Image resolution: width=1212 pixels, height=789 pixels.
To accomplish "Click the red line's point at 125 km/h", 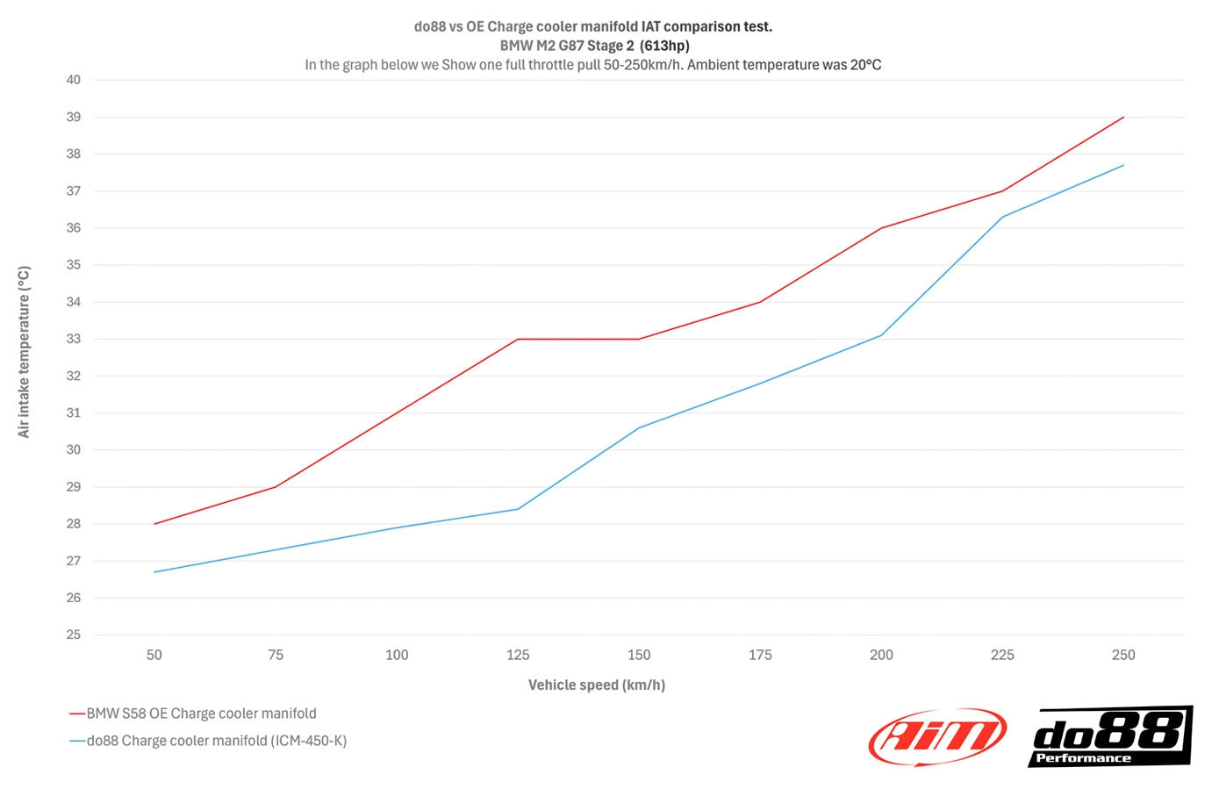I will click(518, 339).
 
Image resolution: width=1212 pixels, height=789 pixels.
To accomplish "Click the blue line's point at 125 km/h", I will click(518, 509).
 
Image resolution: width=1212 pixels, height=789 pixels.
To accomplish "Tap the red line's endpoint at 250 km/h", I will click(1123, 117).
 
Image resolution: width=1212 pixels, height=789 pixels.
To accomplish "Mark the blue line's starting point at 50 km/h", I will click(154, 572).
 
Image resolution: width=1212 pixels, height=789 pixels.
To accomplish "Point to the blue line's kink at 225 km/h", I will click(1002, 217).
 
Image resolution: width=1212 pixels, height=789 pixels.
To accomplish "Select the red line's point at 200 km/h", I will click(881, 228).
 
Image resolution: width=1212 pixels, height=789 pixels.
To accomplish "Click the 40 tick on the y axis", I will click(74, 80).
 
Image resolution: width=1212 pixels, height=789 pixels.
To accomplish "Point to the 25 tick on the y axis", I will click(74, 635).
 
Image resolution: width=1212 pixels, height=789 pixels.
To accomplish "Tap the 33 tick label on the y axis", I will click(74, 339).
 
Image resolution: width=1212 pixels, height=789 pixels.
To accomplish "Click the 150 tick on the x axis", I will click(639, 655).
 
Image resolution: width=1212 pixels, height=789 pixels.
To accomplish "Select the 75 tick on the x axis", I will click(276, 655).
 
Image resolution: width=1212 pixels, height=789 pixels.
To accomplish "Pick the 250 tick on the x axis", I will click(1123, 655).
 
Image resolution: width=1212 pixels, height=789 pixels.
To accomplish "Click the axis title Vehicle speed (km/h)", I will click(597, 685).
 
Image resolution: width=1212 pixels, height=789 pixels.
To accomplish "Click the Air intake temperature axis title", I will click(25, 351).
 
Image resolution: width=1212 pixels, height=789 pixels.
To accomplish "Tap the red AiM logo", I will click(937, 735).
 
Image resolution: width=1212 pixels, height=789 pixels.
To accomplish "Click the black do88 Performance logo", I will click(1109, 735).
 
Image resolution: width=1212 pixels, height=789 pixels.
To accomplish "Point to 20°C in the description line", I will click(865, 65).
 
